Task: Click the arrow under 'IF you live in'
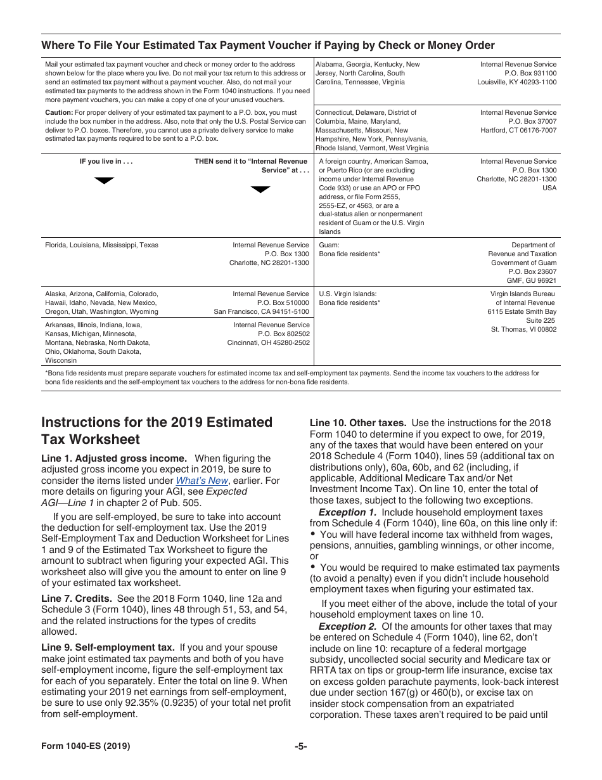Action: (104, 181)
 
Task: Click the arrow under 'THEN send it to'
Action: (260, 189)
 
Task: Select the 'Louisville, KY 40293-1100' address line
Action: (516, 82)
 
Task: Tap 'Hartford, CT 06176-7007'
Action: (518, 130)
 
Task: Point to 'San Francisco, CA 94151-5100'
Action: (261, 311)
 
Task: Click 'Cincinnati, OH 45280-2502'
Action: (269, 342)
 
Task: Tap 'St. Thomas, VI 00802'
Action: (523, 329)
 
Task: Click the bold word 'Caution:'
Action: (59, 112)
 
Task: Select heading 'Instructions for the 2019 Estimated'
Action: (157, 422)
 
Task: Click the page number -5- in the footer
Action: (301, 746)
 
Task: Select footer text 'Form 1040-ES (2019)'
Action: (86, 746)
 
